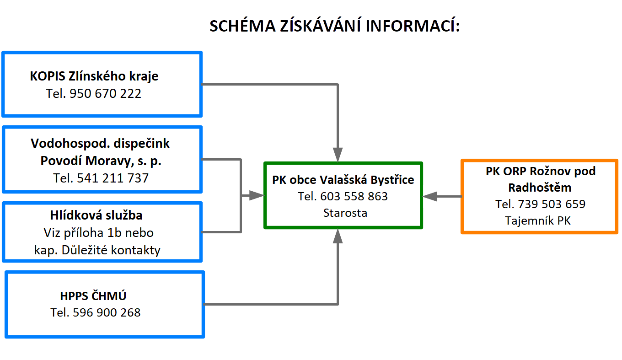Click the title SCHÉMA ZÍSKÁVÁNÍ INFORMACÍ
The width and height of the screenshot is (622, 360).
coord(334,26)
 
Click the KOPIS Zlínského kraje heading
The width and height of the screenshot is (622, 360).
coord(94,76)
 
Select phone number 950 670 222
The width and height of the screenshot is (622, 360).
coord(105,94)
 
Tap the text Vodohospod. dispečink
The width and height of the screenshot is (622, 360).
coord(100,144)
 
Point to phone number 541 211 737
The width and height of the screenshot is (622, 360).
coord(113,178)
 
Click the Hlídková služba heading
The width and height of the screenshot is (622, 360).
coord(96,215)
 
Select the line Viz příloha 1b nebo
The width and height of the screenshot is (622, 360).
coord(99,233)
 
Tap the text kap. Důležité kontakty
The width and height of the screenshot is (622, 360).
coord(97,250)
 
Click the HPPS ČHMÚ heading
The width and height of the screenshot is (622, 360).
coord(93,296)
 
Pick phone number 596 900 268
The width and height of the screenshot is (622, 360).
coord(107,312)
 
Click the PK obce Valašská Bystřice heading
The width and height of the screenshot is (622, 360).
coord(343,180)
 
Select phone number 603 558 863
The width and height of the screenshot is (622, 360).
coord(354,196)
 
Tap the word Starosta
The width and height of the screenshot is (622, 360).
coord(345,213)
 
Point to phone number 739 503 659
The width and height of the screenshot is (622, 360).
coord(552,204)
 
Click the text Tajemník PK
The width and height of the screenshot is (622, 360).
coord(538,221)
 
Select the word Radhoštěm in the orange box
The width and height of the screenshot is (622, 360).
coord(540,188)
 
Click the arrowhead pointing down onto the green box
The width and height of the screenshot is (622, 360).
coord(338,155)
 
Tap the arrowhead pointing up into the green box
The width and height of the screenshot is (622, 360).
coord(338,236)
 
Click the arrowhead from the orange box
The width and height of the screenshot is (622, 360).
coord(429,196)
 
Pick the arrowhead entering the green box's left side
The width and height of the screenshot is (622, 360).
coord(257,195)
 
